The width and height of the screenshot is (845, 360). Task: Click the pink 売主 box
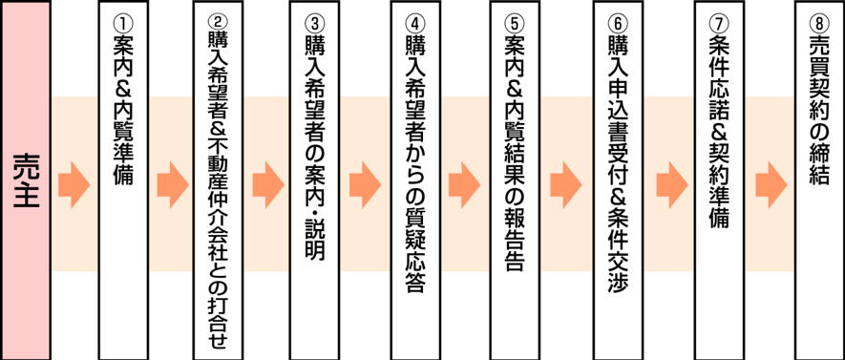pyautogui.click(x=26, y=180)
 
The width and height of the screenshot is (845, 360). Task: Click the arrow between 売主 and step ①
pyautogui.click(x=74, y=180)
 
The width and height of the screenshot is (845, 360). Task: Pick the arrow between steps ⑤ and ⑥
pyautogui.click(x=565, y=180)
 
